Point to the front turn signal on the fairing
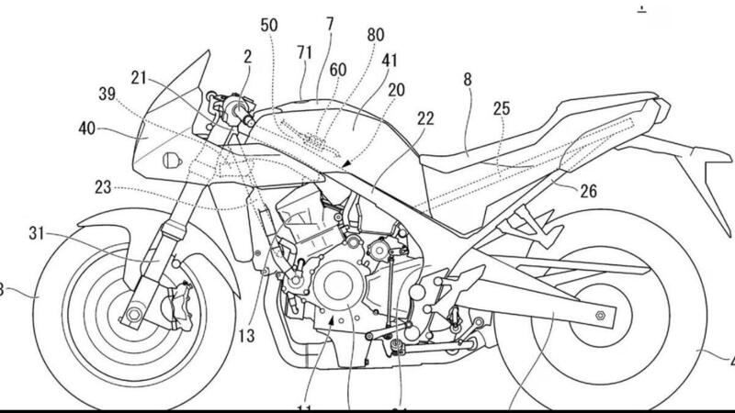[x=170, y=161]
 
